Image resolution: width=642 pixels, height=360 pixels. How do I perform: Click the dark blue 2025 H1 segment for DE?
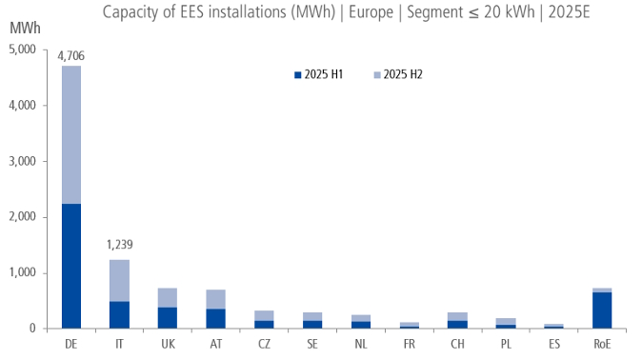click(x=70, y=266)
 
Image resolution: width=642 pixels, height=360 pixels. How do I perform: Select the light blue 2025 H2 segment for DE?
click(x=70, y=134)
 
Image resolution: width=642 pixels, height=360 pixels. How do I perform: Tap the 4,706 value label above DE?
click(x=70, y=56)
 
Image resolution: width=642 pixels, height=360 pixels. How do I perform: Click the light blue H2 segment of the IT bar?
click(x=119, y=281)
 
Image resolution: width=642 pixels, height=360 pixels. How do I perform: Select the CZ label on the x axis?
click(x=264, y=344)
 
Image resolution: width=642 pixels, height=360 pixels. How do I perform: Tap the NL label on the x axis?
click(x=360, y=344)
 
